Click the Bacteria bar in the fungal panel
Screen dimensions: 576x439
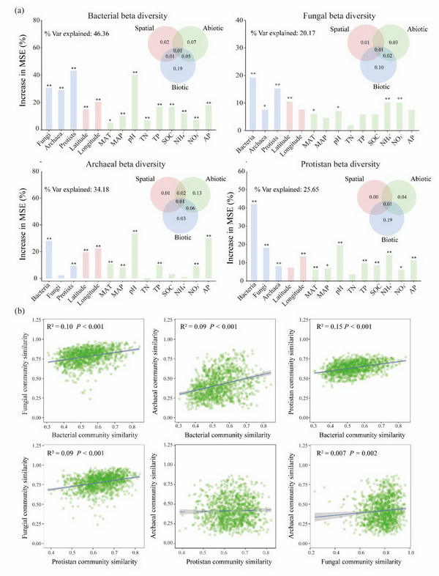point(252,103)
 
